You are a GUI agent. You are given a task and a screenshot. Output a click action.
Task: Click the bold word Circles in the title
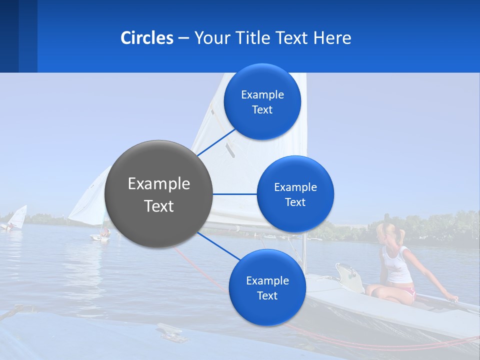click(146, 38)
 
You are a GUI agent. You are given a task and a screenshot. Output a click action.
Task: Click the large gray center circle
click(158, 194)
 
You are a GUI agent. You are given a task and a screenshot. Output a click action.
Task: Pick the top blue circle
click(262, 101)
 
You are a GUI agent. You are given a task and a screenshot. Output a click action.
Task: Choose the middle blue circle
click(295, 194)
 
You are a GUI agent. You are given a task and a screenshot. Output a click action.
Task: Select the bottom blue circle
click(267, 287)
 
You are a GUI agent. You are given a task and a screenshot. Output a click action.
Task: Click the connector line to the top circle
click(216, 142)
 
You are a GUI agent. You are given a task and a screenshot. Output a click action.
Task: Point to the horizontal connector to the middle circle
click(234, 194)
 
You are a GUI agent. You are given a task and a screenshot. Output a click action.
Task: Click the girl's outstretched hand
click(452, 299)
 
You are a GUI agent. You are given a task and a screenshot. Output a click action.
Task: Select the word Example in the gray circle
click(159, 183)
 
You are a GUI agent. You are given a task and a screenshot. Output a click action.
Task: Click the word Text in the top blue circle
click(262, 110)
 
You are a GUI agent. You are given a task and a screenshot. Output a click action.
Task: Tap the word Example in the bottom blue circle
click(267, 280)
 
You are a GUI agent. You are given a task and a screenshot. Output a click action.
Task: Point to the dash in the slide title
click(183, 38)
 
